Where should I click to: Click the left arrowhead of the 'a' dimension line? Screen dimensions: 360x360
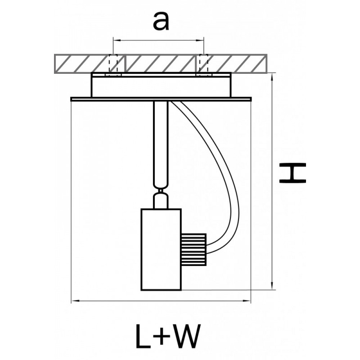tap(117, 40)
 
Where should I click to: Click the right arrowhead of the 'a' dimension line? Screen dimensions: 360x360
tap(200, 40)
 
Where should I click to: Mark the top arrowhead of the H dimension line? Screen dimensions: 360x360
tap(272, 77)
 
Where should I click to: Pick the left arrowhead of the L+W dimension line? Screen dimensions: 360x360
tap(75, 300)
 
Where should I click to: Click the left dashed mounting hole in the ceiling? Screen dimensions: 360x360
tap(113, 64)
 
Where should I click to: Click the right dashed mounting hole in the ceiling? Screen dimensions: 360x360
tap(204, 64)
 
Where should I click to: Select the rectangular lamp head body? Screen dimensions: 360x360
tap(161, 250)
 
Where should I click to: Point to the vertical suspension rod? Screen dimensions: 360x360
tap(161, 143)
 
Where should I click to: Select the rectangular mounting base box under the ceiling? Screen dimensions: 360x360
tap(161, 85)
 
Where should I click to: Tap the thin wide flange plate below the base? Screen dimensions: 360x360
tap(161, 99)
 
